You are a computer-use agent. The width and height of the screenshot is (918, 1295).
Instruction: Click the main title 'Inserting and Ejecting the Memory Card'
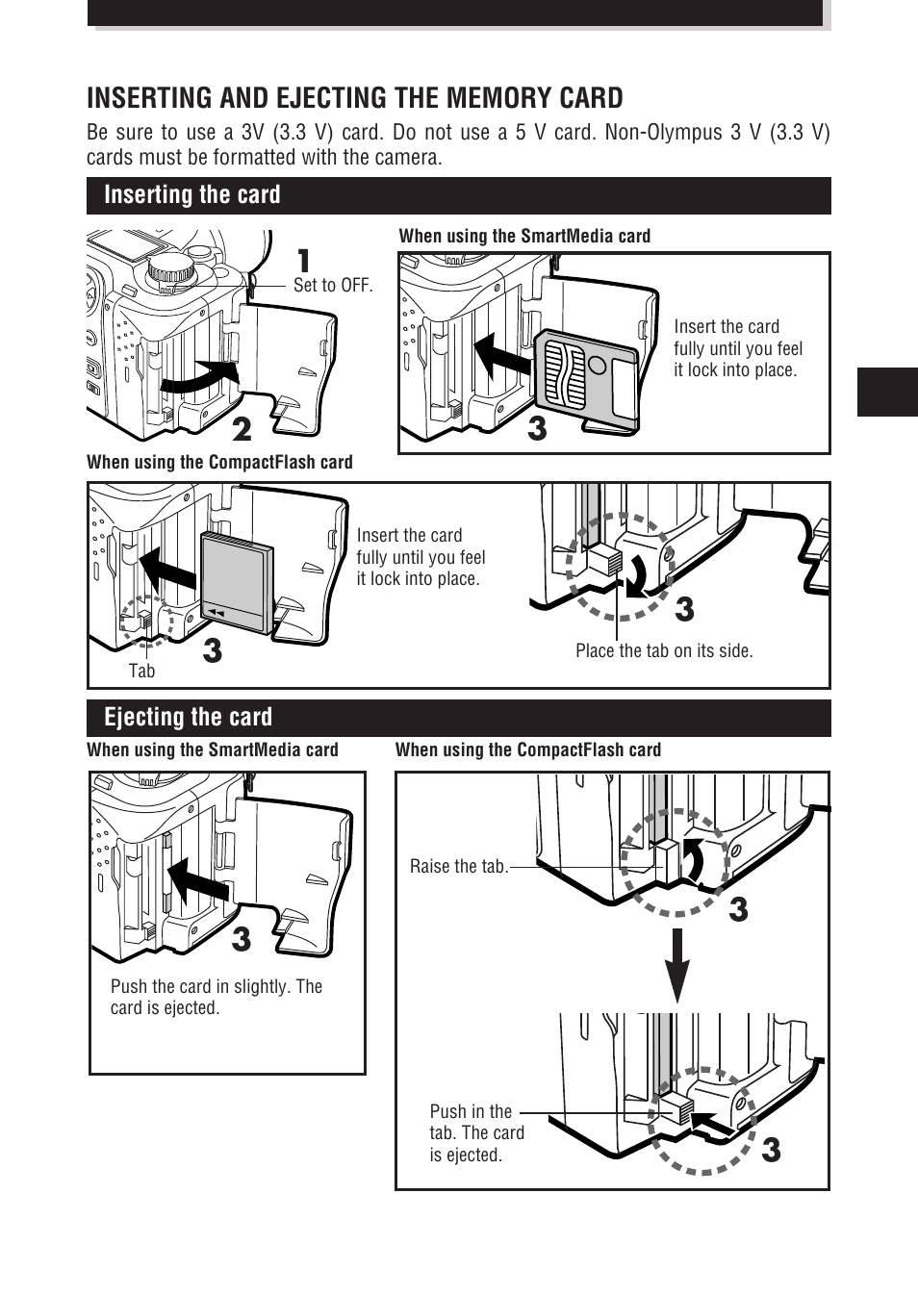(x=354, y=98)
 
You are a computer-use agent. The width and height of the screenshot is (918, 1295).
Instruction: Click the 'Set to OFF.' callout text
(x=332, y=285)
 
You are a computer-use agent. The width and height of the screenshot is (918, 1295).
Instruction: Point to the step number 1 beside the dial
(x=303, y=261)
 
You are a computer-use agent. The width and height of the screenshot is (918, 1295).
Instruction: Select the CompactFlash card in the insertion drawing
(x=236, y=582)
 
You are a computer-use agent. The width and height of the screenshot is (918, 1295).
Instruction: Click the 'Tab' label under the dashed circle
(x=141, y=672)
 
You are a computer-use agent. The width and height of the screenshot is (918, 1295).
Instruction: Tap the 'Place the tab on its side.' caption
(x=664, y=651)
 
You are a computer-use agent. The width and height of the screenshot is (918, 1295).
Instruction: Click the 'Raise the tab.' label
(x=458, y=867)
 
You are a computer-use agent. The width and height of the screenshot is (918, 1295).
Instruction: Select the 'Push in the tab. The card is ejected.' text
(x=476, y=1133)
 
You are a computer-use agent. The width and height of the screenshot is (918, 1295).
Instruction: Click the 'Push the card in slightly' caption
(x=216, y=997)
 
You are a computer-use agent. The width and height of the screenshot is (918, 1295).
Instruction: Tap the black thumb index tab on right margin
(x=886, y=392)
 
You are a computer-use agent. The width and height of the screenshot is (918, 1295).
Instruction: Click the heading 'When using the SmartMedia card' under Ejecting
(x=213, y=750)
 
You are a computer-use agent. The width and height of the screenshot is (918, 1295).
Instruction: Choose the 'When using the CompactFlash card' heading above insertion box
(x=219, y=463)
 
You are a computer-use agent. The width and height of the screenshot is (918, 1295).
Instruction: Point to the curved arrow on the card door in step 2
(x=200, y=376)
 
